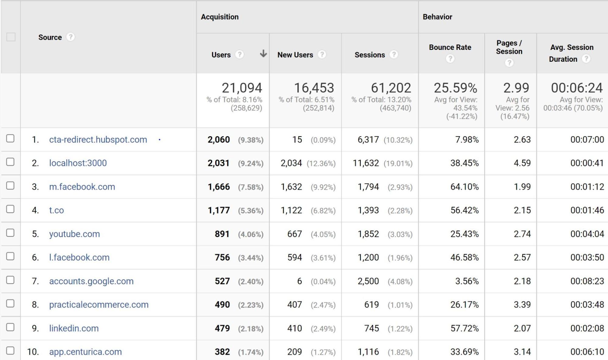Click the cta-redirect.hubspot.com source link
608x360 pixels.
[98, 140]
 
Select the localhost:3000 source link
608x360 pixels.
[78, 163]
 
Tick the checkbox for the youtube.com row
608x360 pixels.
[10, 233]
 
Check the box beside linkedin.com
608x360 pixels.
[10, 327]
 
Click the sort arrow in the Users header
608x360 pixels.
[263, 54]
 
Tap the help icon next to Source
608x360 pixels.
[71, 37]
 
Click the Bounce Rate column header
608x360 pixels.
[450, 47]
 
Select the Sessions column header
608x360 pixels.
[370, 55]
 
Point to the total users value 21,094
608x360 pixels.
[242, 88]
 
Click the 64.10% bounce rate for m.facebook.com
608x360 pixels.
[464, 187]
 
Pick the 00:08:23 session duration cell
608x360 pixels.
[587, 281]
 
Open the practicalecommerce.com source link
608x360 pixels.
[99, 305]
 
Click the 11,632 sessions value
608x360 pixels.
[366, 163]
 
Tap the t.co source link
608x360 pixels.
[57, 210]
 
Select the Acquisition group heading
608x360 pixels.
[220, 17]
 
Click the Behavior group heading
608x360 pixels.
[437, 17]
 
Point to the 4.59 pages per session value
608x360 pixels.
[522, 163]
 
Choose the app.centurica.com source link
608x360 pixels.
[85, 352]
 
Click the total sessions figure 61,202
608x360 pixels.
[391, 88]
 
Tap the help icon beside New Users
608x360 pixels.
[321, 55]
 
